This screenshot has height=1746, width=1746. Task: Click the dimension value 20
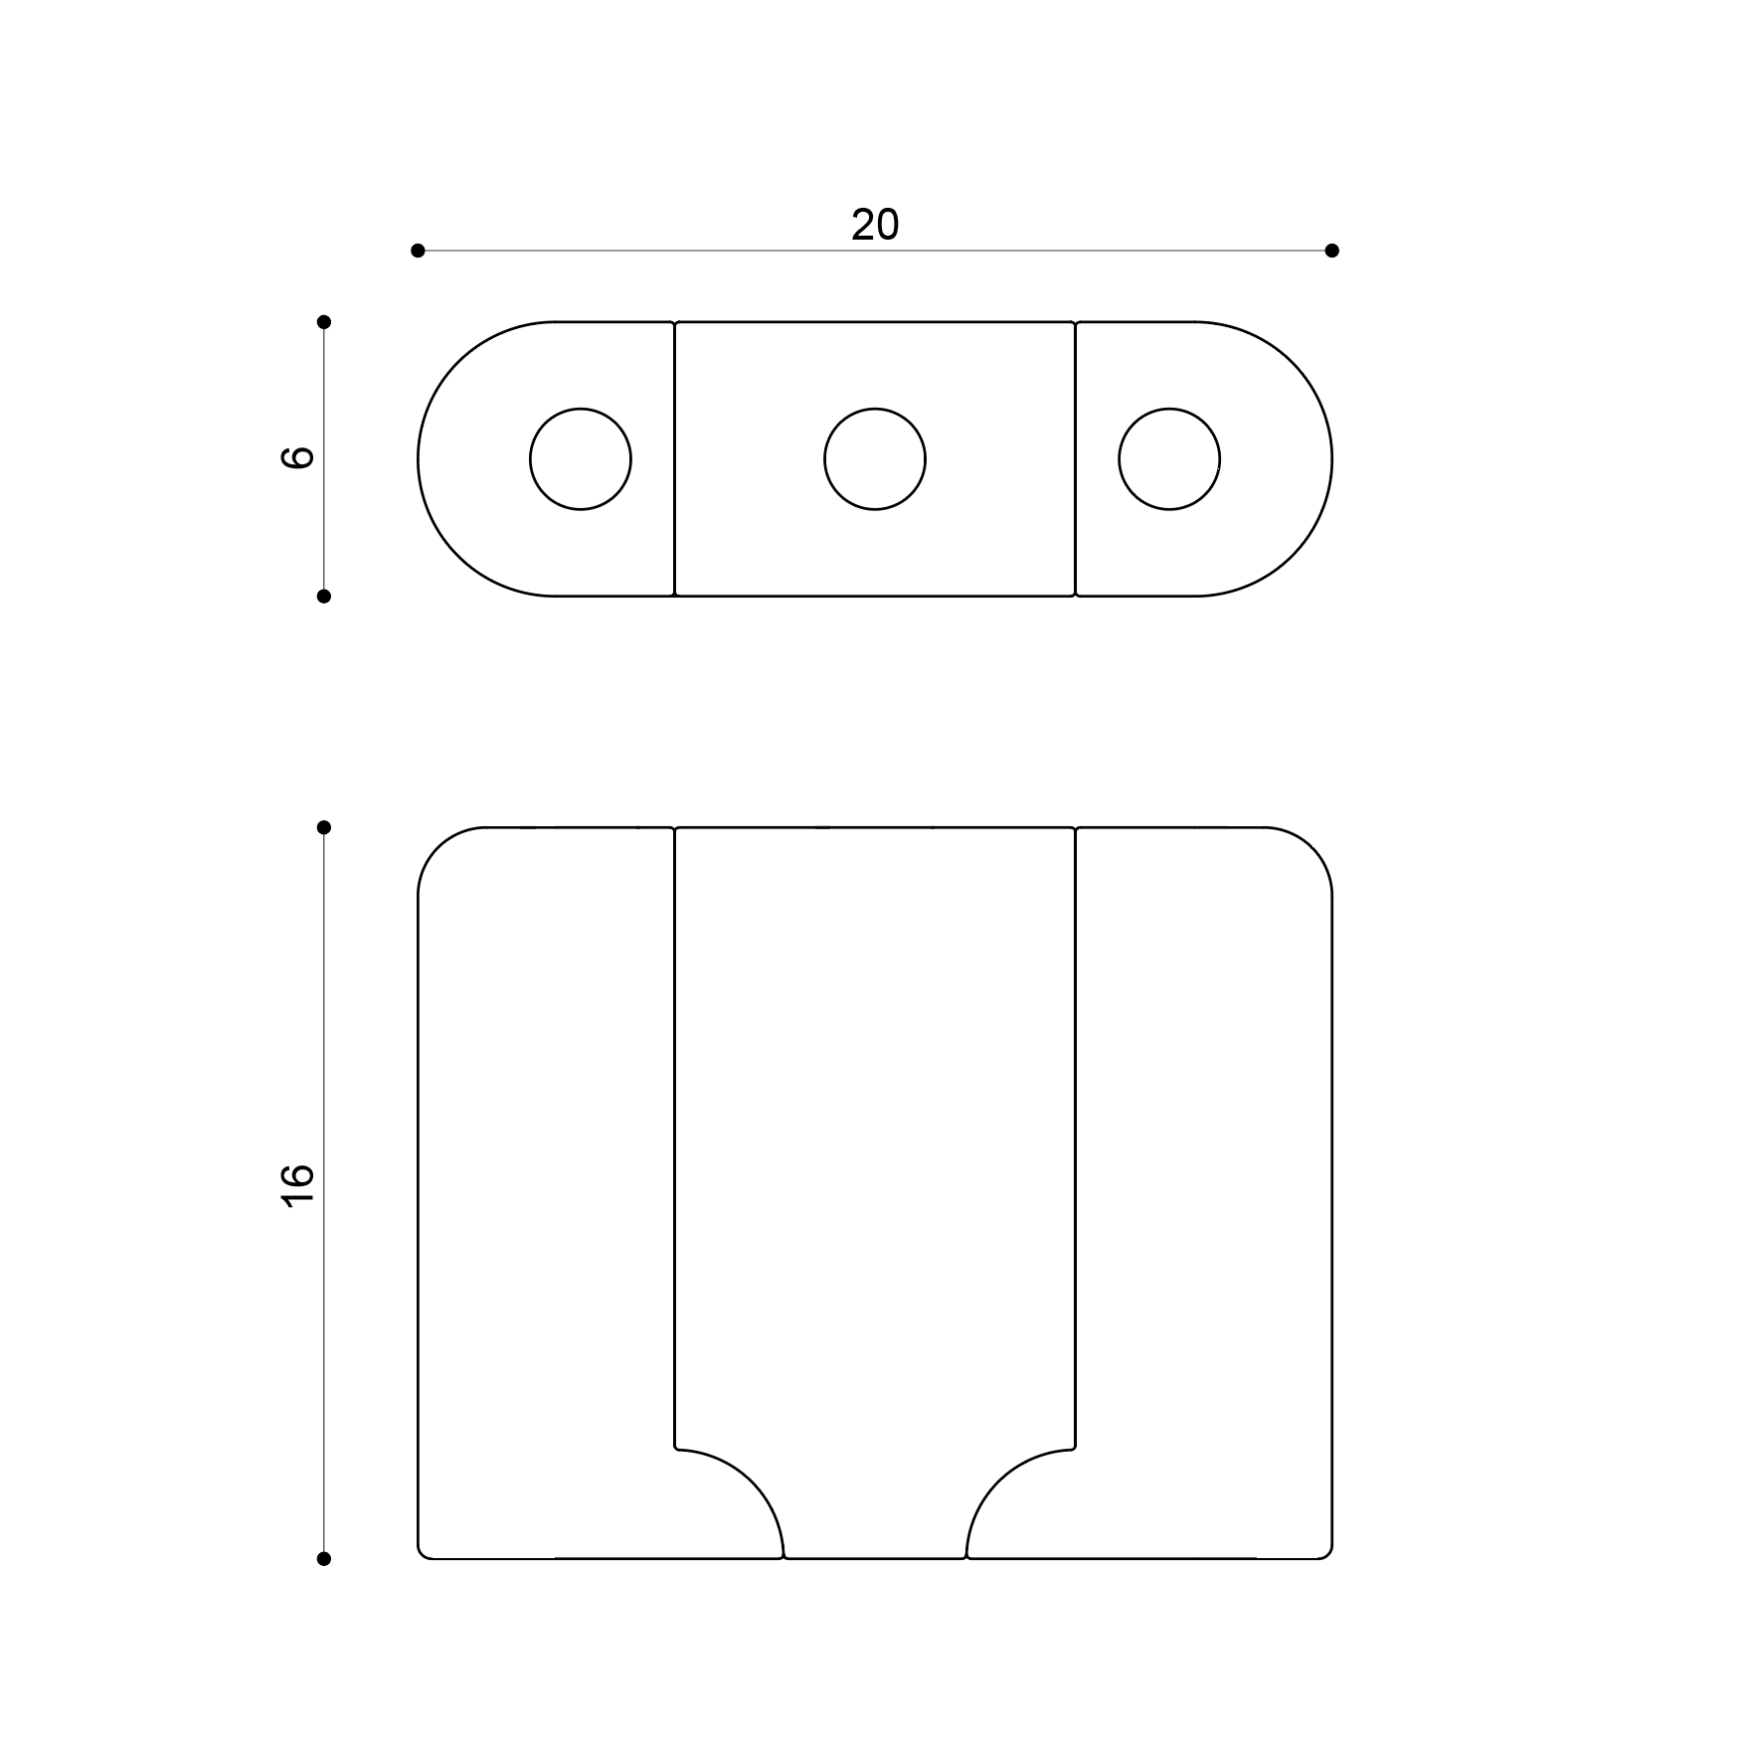point(875,226)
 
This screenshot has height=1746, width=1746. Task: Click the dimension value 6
point(298,457)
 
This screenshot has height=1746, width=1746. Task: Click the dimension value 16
point(298,1185)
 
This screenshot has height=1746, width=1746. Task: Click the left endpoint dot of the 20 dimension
point(418,251)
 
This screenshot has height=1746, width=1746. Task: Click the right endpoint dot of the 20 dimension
point(1332,251)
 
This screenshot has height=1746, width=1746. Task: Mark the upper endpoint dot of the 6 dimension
point(323,322)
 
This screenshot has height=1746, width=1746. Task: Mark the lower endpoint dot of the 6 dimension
point(323,597)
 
